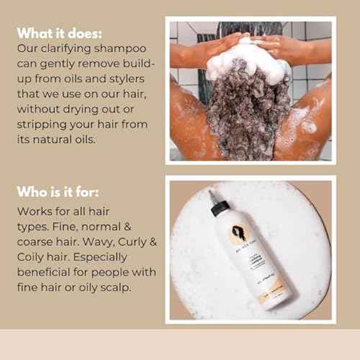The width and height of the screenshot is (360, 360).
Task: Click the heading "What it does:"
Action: click(x=60, y=33)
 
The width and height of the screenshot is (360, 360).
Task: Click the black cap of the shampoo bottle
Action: click(x=221, y=207)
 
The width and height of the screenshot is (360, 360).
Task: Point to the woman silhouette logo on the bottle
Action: click(x=239, y=234)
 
